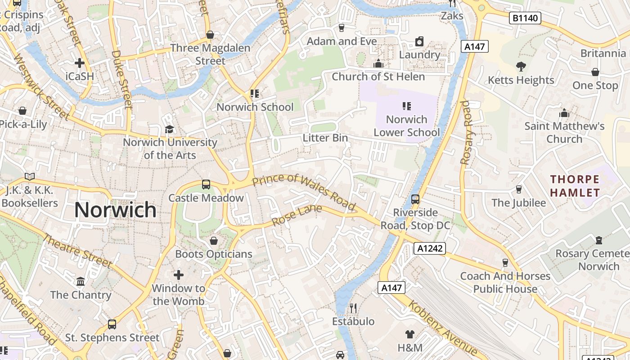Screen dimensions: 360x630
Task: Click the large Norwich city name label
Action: coord(115,210)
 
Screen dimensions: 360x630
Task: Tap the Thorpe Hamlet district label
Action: coord(575,186)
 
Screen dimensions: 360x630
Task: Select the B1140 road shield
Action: coord(525,18)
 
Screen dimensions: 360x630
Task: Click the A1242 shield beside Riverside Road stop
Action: coord(430,248)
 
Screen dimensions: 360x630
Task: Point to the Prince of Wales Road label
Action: coord(304,192)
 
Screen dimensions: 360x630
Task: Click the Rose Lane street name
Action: coord(297,216)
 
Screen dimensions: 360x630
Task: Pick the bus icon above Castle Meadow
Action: coord(206,184)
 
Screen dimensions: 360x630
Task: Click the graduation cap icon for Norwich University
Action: coord(169,129)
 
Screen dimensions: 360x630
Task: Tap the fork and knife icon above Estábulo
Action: coord(353,308)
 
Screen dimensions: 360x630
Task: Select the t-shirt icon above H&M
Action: coord(409,334)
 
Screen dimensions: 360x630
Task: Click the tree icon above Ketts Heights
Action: coord(521,67)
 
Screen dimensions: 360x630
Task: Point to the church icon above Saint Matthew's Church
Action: coord(564,112)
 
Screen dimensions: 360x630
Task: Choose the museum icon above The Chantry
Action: coord(81,281)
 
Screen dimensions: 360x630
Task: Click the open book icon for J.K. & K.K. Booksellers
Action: coord(30,176)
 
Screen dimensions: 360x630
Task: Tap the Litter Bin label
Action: coord(325,138)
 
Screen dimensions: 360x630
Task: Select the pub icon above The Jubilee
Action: coord(518,189)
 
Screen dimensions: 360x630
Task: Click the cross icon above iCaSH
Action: coord(80,63)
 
